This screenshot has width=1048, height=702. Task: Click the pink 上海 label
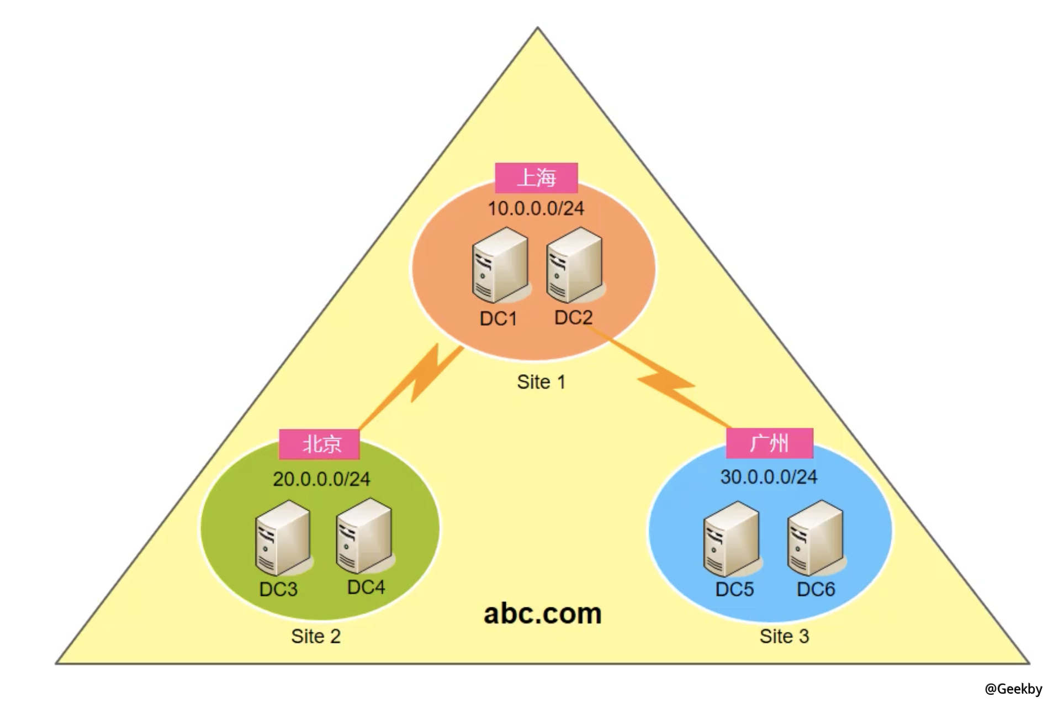click(x=536, y=178)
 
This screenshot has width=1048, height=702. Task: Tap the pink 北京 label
click(x=319, y=444)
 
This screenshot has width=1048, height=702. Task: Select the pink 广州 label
click(x=769, y=443)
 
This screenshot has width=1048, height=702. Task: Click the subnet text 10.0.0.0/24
click(x=536, y=208)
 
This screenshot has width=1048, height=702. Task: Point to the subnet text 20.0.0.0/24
click(x=321, y=479)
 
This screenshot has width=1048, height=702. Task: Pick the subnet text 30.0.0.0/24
click(x=769, y=476)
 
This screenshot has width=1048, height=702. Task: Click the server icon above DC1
click(x=500, y=265)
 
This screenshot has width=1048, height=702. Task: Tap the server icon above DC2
click(x=574, y=264)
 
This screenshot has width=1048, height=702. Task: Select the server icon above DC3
click(x=283, y=537)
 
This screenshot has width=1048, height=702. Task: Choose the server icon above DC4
click(x=364, y=535)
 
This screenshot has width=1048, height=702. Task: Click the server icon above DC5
click(x=731, y=538)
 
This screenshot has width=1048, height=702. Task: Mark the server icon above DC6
click(x=815, y=537)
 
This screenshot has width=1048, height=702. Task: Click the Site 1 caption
click(x=541, y=382)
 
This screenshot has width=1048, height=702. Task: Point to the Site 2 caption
click(x=316, y=636)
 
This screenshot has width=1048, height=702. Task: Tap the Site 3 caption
click(x=784, y=636)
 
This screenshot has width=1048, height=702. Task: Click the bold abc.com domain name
click(x=542, y=614)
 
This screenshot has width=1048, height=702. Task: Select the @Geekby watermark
click(x=1013, y=689)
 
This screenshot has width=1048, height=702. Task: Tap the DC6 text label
click(x=816, y=589)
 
